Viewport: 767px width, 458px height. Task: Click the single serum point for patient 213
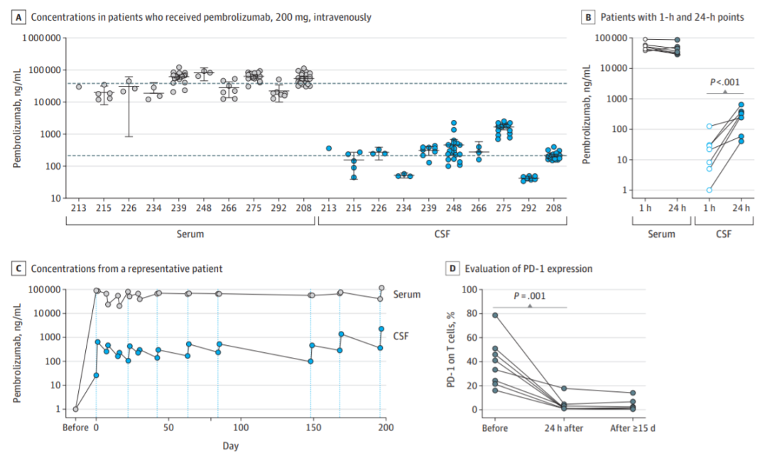[x=79, y=87]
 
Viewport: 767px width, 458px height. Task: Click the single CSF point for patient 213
[x=329, y=148]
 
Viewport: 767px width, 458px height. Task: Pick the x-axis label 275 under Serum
[x=254, y=209]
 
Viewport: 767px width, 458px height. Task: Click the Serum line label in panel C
[x=406, y=295]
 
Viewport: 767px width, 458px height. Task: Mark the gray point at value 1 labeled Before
[x=75, y=409]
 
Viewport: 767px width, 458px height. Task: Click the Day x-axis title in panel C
[x=229, y=446]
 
